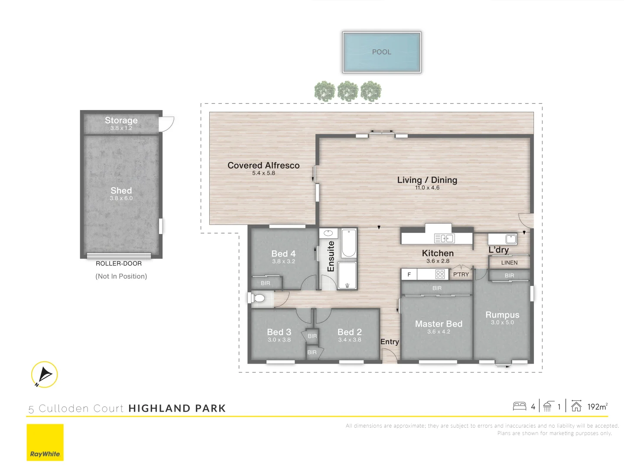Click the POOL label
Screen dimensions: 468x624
381,52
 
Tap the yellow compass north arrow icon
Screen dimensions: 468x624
45,374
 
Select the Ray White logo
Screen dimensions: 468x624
45,442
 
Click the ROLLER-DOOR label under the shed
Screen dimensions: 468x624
119,263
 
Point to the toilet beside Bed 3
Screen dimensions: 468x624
259,298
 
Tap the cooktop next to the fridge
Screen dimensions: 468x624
440,274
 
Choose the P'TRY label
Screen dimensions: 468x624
461,274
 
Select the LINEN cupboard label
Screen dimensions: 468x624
509,263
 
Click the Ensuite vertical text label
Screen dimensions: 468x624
331,256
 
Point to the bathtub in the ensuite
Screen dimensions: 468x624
348,244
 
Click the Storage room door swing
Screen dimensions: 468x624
166,123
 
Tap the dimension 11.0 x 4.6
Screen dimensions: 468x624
427,188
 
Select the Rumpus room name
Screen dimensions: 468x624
502,315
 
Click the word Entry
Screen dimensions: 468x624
390,342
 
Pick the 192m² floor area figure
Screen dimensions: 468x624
597,406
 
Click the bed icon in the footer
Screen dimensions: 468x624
519,406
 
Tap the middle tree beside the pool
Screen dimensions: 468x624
348,91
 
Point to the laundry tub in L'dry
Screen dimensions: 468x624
510,238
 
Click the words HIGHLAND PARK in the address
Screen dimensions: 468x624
177,408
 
